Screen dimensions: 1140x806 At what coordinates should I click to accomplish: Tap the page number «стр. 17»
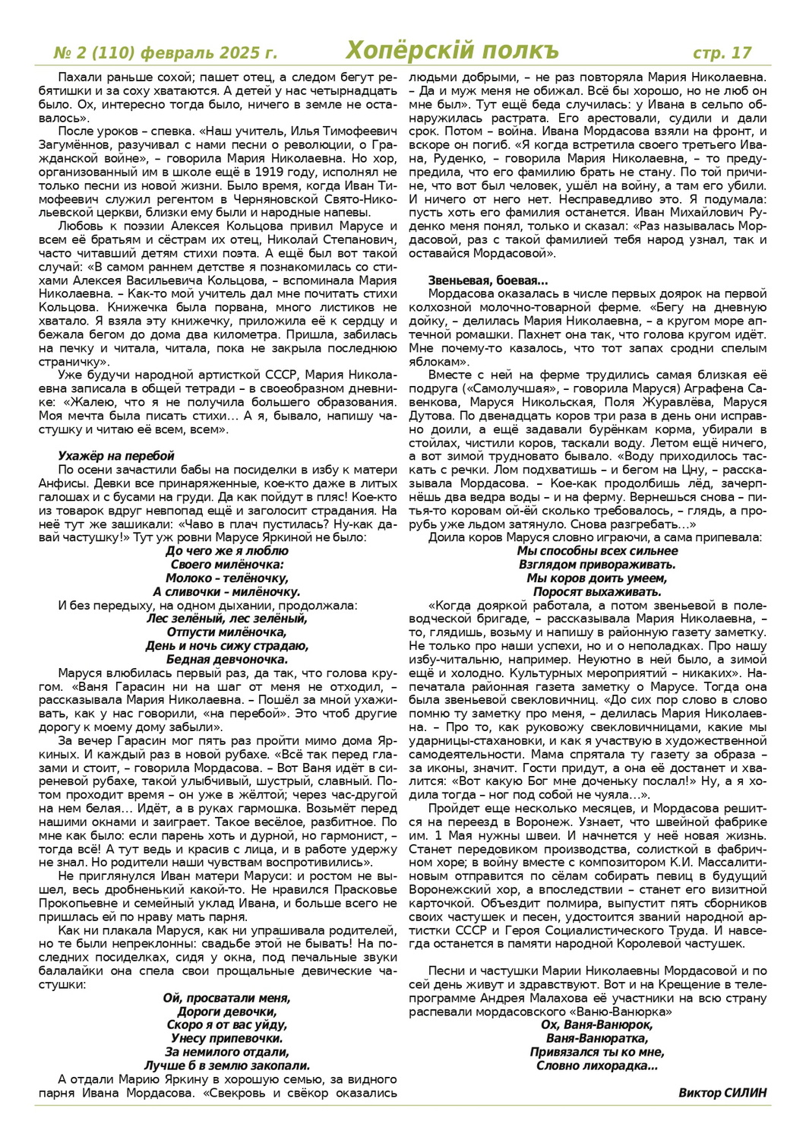coord(722,52)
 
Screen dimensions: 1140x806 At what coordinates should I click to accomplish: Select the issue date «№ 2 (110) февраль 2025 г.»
coord(166,53)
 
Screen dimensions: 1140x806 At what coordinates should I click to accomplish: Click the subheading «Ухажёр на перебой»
coord(116,456)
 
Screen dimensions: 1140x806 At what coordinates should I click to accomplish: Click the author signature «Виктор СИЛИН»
coord(722,1093)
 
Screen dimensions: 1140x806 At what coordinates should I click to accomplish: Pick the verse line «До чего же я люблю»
coord(227,551)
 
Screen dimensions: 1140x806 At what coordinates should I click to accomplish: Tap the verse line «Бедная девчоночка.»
coord(227,660)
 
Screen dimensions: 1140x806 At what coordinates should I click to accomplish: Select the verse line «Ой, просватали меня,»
coord(226,998)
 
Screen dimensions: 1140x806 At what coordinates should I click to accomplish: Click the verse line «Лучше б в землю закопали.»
coord(226,1066)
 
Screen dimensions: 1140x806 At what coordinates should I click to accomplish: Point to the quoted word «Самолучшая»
coord(495,388)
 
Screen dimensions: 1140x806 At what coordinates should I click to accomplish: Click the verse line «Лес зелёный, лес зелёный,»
coord(227,619)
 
